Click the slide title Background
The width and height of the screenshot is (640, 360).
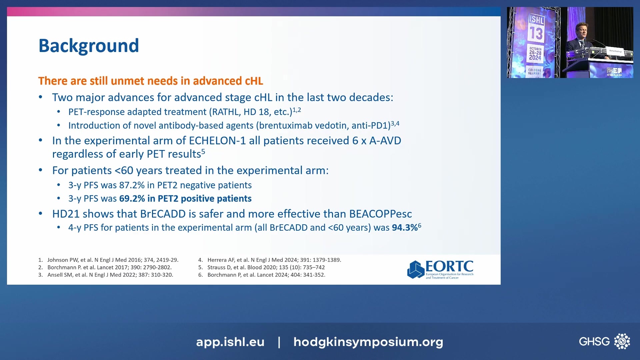click(89, 46)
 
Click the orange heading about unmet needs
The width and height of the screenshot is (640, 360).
click(150, 81)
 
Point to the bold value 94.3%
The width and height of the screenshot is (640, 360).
click(404, 228)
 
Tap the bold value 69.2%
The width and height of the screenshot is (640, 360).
click(132, 199)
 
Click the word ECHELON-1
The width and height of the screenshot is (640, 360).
click(217, 141)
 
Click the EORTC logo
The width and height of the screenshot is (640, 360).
click(440, 269)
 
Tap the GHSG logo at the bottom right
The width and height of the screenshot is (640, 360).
click(604, 341)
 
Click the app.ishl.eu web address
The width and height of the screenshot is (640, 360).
click(230, 342)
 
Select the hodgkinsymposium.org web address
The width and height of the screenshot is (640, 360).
click(368, 342)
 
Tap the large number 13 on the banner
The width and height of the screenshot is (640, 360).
click(536, 33)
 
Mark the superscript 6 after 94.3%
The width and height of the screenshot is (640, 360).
click(420, 225)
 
